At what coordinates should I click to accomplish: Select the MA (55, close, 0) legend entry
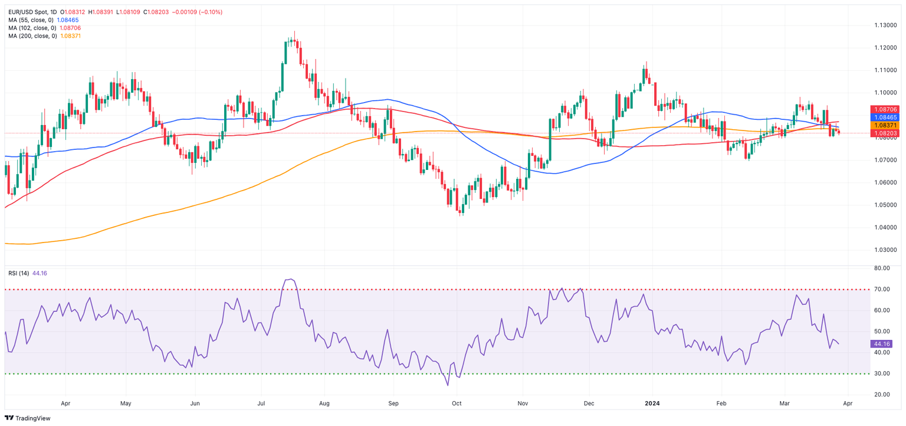[x=31, y=20]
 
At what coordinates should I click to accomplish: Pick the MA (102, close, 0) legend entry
[x=32, y=28]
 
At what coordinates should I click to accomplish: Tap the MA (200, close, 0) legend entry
[x=32, y=36]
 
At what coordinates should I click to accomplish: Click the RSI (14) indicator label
[x=18, y=273]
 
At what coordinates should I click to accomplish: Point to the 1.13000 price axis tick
[x=885, y=25]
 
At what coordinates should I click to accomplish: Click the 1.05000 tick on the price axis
[x=885, y=205]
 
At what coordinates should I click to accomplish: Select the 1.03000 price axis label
[x=885, y=250]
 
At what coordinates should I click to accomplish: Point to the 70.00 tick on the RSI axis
[x=882, y=289]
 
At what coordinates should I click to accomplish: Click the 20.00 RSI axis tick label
[x=882, y=394]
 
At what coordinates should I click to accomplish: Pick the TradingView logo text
[x=33, y=418]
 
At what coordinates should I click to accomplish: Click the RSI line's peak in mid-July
[x=289, y=279]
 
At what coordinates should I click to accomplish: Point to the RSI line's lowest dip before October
[x=448, y=385]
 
